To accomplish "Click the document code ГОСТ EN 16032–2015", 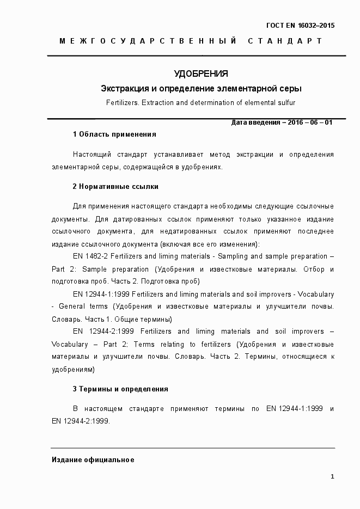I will [300, 26].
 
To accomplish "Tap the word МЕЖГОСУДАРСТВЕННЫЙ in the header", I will [148, 41].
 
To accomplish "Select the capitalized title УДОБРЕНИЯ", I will [200, 73].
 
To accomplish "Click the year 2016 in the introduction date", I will [296, 122].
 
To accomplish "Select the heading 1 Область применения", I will [114, 134].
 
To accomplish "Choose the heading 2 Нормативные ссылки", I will [115, 186].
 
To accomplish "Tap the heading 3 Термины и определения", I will [120, 389].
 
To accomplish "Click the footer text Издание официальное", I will [93, 460].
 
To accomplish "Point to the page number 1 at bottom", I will [332, 477].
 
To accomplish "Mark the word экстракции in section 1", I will [255, 155].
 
